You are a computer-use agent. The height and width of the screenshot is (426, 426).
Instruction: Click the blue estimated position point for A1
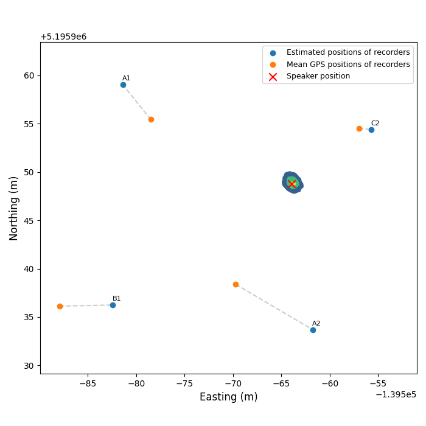[123, 85]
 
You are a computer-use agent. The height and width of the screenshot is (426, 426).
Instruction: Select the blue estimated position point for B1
[113, 305]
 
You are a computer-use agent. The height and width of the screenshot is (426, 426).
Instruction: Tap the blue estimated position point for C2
[371, 130]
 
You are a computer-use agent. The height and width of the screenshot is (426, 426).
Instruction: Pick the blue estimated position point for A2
[313, 330]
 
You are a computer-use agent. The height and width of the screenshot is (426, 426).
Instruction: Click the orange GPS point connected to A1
[151, 119]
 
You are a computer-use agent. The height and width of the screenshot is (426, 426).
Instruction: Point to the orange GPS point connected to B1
[60, 306]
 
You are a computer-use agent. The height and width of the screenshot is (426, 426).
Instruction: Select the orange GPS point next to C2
[359, 128]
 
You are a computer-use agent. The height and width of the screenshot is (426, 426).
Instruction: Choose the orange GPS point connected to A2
[236, 284]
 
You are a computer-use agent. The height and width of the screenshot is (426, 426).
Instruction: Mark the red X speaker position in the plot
[292, 184]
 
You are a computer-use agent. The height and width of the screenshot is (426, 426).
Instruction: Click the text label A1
[127, 79]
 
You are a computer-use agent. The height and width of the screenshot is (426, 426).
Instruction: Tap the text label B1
[117, 299]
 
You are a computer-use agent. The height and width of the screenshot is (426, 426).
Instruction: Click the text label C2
[375, 124]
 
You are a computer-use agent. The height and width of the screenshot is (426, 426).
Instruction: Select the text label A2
[316, 324]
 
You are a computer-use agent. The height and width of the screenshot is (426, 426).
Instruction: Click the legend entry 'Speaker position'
[318, 76]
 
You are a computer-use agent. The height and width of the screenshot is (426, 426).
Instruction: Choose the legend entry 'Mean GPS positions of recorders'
[347, 65]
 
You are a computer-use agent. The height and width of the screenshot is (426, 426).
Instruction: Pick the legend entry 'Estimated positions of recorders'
[347, 53]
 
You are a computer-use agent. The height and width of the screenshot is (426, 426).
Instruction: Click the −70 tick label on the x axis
[232, 384]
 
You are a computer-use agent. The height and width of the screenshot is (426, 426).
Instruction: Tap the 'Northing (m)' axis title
[14, 208]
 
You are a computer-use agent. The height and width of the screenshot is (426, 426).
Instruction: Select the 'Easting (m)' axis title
[229, 397]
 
